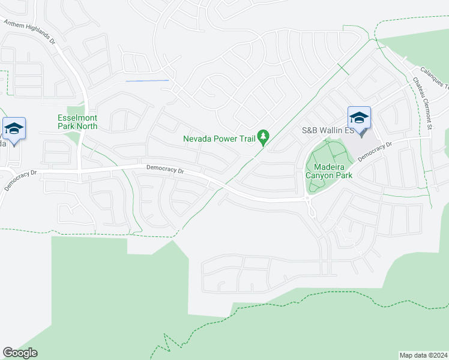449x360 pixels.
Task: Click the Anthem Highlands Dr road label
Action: (29, 32)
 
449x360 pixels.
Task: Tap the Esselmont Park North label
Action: (77, 122)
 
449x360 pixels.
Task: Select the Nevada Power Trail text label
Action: (219, 139)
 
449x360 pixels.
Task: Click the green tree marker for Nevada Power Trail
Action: (263, 137)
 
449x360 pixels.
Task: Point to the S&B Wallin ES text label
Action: (322, 130)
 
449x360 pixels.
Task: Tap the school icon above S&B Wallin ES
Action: (359, 117)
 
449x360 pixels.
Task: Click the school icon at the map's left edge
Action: (13, 128)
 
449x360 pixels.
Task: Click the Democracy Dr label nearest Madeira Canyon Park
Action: (375, 151)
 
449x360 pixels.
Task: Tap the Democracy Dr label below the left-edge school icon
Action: (20, 179)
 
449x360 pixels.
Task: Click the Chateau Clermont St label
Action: (421, 103)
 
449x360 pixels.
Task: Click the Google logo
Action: (20, 353)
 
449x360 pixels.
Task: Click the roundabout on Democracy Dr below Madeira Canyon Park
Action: (310, 201)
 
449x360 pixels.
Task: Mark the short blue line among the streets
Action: (147, 80)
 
